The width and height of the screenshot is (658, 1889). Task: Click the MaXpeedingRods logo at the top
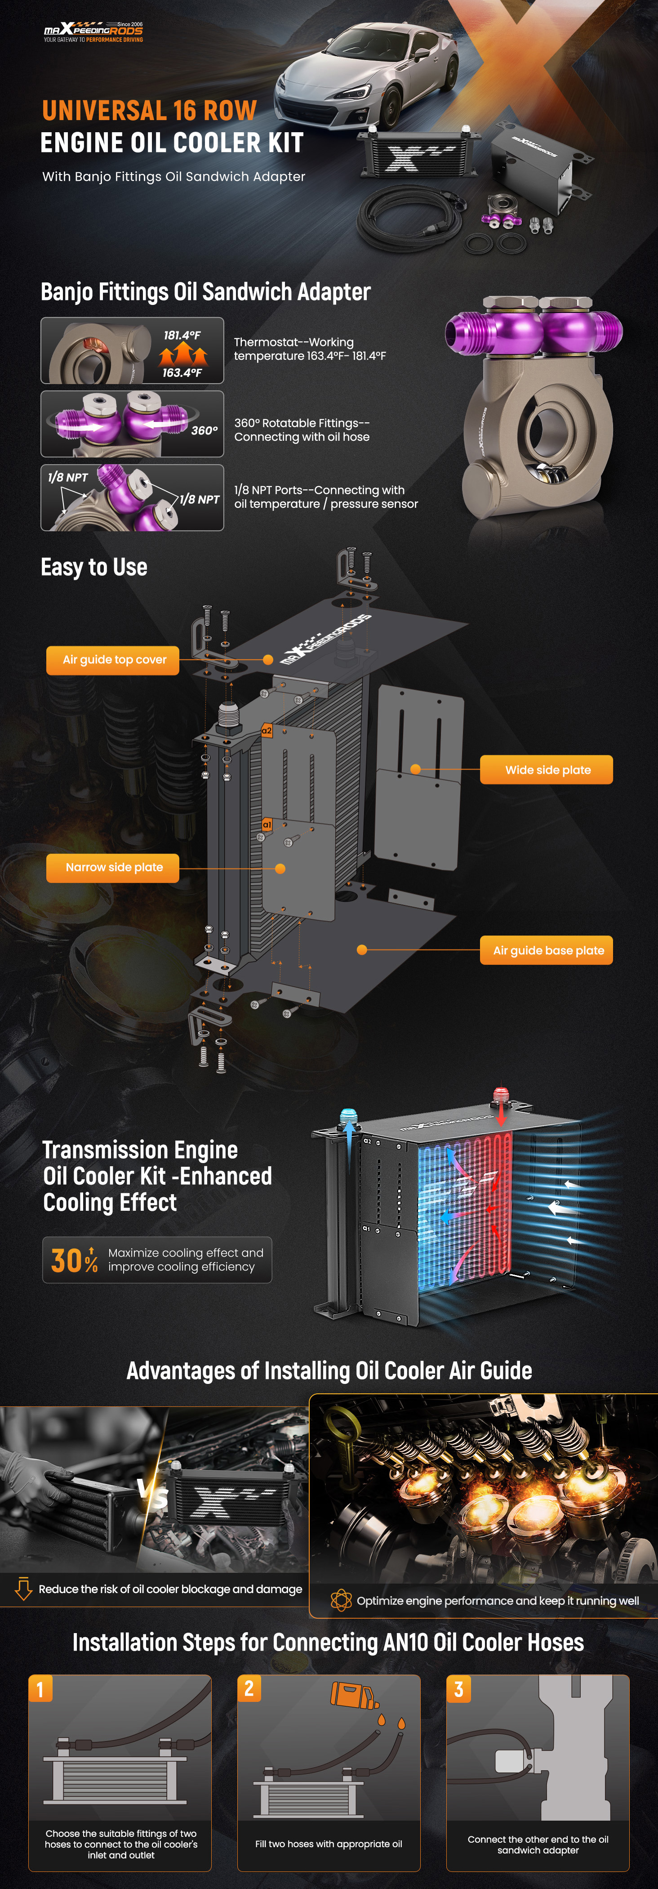(93, 31)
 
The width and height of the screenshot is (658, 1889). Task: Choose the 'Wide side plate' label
(547, 770)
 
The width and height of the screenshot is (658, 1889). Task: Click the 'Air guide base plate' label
(547, 950)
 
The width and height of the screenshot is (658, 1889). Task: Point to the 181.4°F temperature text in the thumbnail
(182, 335)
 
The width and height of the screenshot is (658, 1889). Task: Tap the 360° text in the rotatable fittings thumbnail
(204, 430)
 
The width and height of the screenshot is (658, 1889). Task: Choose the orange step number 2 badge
(249, 1689)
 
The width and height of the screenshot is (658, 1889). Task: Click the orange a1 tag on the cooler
(267, 825)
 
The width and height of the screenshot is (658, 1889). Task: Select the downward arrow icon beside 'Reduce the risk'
(23, 1589)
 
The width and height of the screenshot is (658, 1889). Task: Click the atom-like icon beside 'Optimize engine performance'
(341, 1600)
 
